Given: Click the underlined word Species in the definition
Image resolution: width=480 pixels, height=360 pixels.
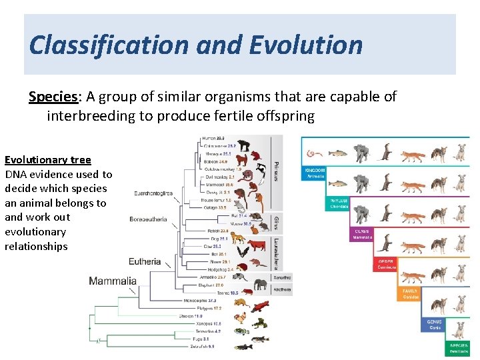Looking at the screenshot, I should (53, 97).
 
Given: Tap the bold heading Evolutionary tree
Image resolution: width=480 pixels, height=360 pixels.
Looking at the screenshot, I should (48, 159).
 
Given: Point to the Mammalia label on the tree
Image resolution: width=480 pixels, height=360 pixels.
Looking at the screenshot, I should (113, 281).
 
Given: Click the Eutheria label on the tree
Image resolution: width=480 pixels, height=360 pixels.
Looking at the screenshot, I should (145, 261).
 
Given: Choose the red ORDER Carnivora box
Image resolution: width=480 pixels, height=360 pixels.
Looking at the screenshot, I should (386, 263).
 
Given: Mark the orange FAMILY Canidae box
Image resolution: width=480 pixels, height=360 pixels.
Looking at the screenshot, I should (410, 293).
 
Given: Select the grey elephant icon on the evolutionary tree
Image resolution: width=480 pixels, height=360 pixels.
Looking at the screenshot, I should (260, 285).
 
